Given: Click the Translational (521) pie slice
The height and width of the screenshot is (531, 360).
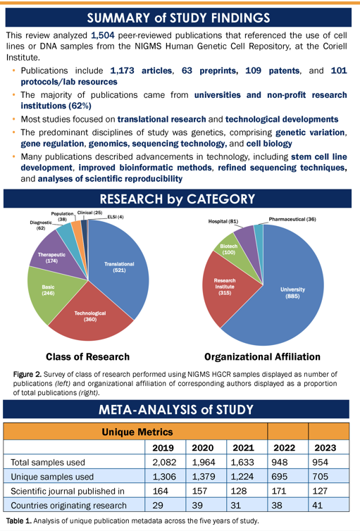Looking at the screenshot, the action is pos(118,268).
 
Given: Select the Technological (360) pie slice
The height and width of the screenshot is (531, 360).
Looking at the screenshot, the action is pos(90,317).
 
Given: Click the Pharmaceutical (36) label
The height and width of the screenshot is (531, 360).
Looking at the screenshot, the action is pos(292,219).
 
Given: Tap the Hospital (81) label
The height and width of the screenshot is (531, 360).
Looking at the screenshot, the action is pos(223,221).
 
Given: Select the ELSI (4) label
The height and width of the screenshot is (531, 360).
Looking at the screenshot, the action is pos(116,217).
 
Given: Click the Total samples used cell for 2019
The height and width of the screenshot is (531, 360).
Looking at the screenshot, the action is pos(164,462).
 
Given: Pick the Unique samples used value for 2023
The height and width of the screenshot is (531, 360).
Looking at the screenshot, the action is pos(320,477).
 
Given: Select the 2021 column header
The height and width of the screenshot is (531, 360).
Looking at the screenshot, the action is pos(243,448).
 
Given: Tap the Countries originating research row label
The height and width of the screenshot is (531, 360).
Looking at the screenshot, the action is pos(69,505).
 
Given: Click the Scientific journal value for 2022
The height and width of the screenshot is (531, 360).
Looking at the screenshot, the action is pos(279,491).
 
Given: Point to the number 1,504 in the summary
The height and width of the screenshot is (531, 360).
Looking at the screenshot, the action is pos(103,35).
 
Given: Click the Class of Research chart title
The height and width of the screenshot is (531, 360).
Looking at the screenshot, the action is pos(88,356).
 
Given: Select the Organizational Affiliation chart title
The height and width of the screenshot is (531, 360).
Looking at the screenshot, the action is pos(262,356).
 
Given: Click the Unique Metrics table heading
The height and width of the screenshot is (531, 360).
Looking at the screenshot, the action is pos(137,432).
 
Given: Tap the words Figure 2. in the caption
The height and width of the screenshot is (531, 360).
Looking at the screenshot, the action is pos(27,374).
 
